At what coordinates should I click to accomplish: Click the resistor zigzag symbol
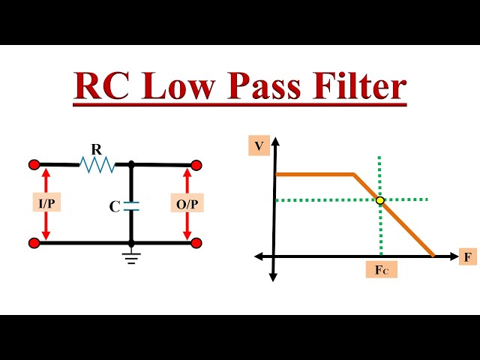[x=97, y=164]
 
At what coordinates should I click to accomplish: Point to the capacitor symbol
[x=131, y=205]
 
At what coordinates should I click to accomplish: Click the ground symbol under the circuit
[x=131, y=257]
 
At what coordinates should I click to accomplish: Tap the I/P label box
[x=46, y=204]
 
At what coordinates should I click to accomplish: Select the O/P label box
[x=187, y=204]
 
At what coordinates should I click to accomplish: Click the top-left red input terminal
[x=34, y=164]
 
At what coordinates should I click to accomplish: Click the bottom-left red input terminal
[x=34, y=243]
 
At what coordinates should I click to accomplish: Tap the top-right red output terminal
[x=196, y=165]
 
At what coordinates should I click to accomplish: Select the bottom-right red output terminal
[x=196, y=243]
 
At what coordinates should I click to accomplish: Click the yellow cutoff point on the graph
[x=380, y=200]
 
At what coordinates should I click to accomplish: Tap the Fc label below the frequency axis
[x=381, y=270]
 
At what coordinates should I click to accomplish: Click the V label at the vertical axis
[x=259, y=146]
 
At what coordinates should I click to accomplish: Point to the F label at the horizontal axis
[x=468, y=257]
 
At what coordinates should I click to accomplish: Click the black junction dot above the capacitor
[x=131, y=164]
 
